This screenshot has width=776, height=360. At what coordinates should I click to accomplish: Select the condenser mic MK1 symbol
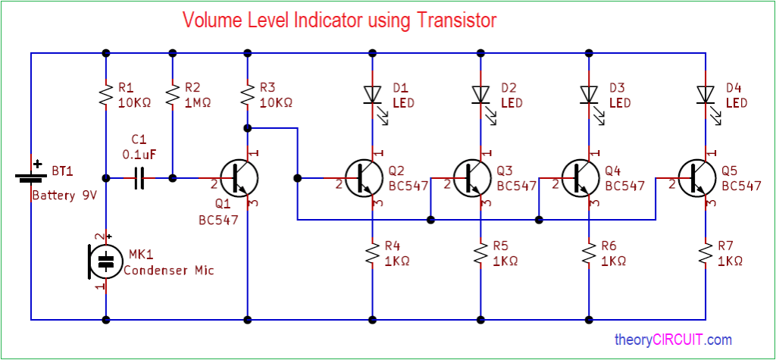[105, 261]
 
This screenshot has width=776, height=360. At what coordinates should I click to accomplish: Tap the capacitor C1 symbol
[139, 179]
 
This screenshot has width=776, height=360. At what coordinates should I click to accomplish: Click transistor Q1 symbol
[239, 178]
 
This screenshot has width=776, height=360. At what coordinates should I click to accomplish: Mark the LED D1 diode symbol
[372, 94]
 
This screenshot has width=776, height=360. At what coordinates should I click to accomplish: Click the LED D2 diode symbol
[480, 94]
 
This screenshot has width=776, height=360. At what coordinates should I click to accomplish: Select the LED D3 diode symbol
[589, 94]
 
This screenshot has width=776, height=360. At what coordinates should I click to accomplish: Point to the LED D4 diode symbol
[706, 94]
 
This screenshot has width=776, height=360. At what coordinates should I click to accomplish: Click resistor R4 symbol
[372, 253]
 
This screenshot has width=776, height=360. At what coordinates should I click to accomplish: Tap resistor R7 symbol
[706, 253]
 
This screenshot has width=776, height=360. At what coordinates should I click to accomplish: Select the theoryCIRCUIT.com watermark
[673, 340]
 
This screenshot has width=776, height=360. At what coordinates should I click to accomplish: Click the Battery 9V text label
[64, 196]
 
